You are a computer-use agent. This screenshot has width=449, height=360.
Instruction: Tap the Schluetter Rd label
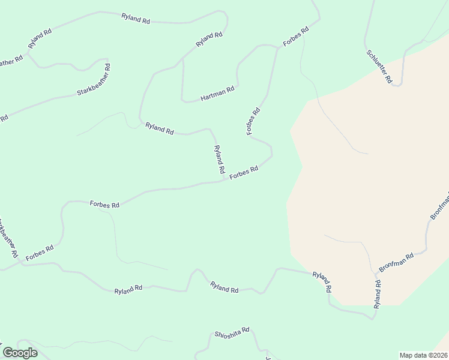[379, 67]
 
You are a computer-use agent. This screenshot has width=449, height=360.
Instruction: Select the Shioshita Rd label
[232, 334]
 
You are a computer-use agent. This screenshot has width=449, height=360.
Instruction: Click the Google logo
[20, 352]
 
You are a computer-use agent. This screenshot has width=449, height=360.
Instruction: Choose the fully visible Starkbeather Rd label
[94, 84]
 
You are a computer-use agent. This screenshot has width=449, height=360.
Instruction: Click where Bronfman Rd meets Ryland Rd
[378, 275]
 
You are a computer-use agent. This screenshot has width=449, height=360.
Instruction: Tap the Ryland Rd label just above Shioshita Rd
[224, 288]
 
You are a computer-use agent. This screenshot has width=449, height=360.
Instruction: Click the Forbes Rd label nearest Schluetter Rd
[297, 37]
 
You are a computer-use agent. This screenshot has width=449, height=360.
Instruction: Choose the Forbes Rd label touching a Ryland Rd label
[244, 172]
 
